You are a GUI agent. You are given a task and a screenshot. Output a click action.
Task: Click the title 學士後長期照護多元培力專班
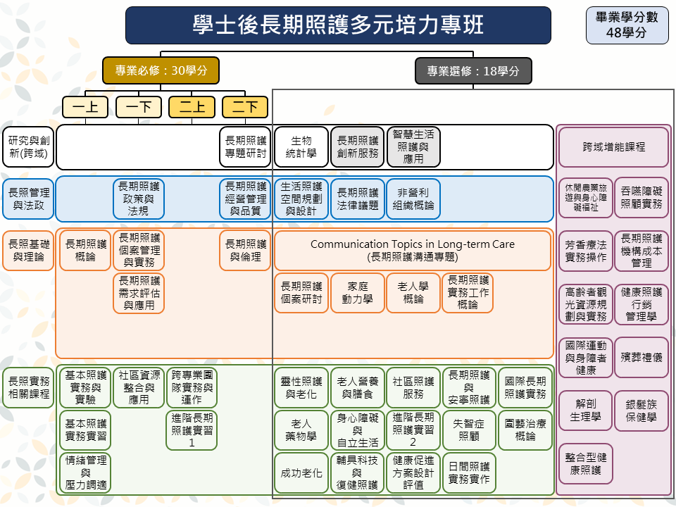[338, 25]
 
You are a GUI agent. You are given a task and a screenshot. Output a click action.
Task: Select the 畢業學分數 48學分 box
[627, 26]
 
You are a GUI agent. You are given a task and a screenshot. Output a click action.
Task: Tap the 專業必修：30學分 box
[161, 70]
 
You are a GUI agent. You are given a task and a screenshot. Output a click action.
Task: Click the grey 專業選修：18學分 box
[473, 70]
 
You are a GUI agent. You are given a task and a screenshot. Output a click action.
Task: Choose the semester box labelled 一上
[85, 107]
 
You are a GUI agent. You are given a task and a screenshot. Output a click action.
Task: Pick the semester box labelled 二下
[244, 107]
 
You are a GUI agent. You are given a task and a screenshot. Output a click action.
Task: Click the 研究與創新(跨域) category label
[27, 147]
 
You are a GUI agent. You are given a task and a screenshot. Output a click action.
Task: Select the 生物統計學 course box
[301, 147]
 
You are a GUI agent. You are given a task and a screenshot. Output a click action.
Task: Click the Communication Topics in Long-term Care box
[413, 251]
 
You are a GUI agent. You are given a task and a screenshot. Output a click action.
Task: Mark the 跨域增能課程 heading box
[613, 147]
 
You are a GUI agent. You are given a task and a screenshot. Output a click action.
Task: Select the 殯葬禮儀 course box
[641, 358]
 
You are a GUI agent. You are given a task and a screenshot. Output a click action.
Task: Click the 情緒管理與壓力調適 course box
[85, 472]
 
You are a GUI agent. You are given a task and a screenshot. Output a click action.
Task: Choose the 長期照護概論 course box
[85, 251]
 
